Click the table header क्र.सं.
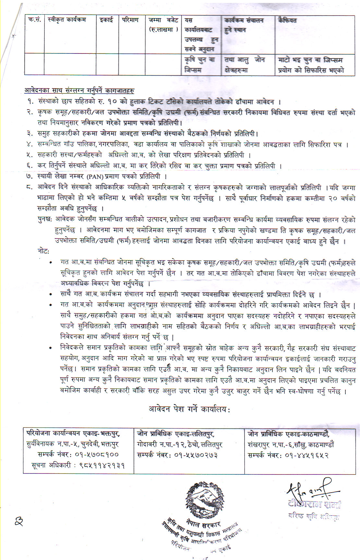[34, 20]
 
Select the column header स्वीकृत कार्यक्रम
[66, 20]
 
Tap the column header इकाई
[106, 20]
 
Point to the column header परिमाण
[130, 20]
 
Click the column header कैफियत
[287, 20]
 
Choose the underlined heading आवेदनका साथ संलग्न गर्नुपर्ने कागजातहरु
[79, 91]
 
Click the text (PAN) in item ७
[95, 177]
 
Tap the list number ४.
[30, 145]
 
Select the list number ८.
[30, 187]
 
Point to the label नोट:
[43, 251]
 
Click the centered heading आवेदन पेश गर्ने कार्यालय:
[189, 409]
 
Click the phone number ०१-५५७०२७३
[196, 455]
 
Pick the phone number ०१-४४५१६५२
[307, 455]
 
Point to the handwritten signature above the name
[311, 491]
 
